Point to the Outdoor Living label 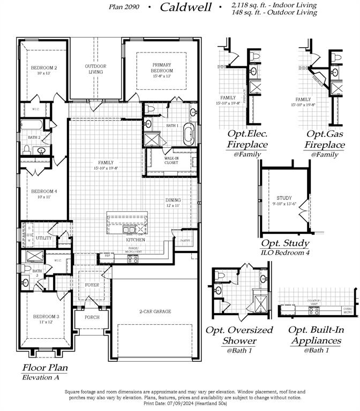tap(95, 69)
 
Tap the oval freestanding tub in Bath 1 tap(188, 134)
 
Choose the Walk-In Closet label tap(171, 160)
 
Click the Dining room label tap(173, 202)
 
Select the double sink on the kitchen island tap(129, 230)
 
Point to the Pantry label tap(185, 241)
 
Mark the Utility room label tap(43, 238)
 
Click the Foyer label tap(92, 285)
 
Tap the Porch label tap(92, 317)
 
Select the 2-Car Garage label tap(155, 311)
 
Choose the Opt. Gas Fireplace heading tap(325, 140)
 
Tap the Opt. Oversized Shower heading tap(239, 336)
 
